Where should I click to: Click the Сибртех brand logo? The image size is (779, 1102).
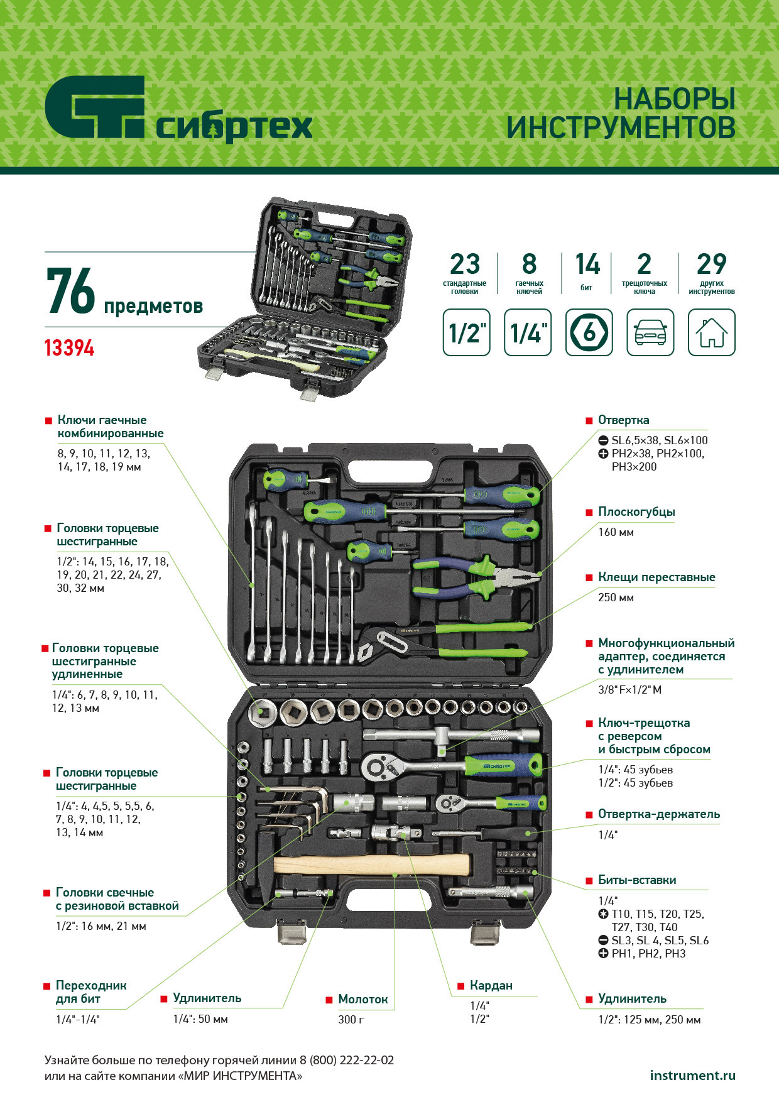click(178, 109)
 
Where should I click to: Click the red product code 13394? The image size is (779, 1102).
click(69, 348)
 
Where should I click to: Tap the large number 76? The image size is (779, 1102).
click(70, 291)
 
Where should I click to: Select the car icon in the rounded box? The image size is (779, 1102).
click(650, 332)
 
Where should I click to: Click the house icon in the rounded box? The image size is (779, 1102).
click(711, 332)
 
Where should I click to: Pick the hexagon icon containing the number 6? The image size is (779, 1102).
click(589, 332)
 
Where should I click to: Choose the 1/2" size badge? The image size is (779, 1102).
click(466, 332)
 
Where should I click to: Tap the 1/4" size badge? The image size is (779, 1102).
click(528, 332)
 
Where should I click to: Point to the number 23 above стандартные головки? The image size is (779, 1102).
click(465, 265)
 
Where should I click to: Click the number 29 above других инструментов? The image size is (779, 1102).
click(712, 265)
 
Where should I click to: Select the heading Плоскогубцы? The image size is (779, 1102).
click(636, 512)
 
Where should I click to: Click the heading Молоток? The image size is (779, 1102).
click(362, 999)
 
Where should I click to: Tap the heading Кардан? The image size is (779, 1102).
click(491, 986)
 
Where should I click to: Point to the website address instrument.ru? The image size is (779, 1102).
click(692, 1075)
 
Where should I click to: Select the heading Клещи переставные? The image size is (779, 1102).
click(656, 577)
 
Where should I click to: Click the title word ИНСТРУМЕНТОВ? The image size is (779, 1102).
click(621, 128)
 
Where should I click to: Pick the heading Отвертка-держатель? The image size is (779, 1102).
click(659, 814)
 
